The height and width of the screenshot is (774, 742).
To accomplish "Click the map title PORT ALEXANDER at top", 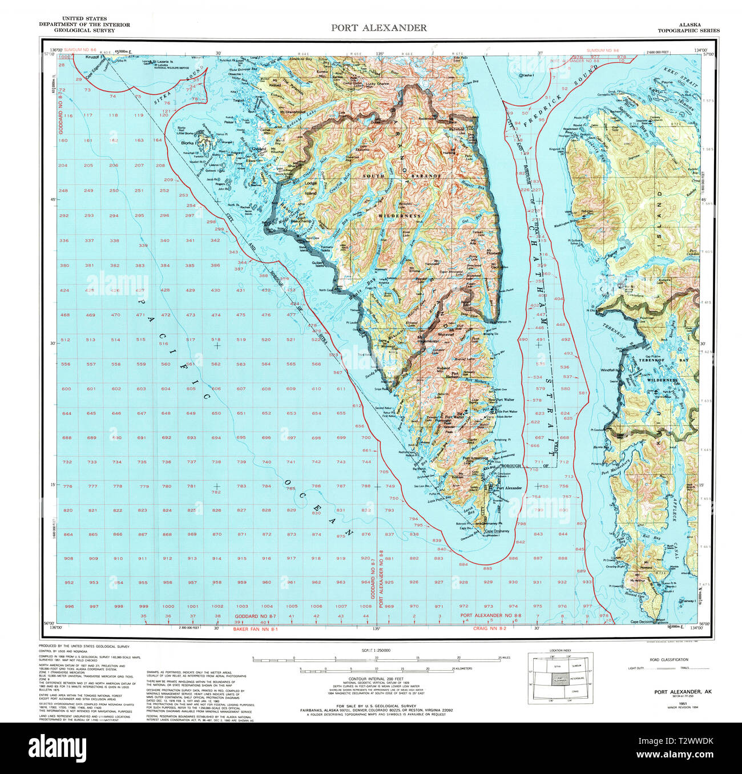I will click(x=378, y=27).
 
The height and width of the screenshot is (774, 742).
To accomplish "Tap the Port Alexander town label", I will click(x=509, y=488).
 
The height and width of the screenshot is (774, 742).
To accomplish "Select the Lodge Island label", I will click(x=310, y=188).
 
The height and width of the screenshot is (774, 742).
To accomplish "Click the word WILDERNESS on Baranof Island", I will click(x=399, y=216).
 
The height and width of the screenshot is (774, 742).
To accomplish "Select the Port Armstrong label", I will click(x=475, y=458).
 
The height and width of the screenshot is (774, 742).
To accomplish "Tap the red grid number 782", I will click(x=216, y=492).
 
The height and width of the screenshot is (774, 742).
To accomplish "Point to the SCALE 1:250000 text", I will click(x=376, y=651).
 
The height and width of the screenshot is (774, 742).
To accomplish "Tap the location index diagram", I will click(x=560, y=677).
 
